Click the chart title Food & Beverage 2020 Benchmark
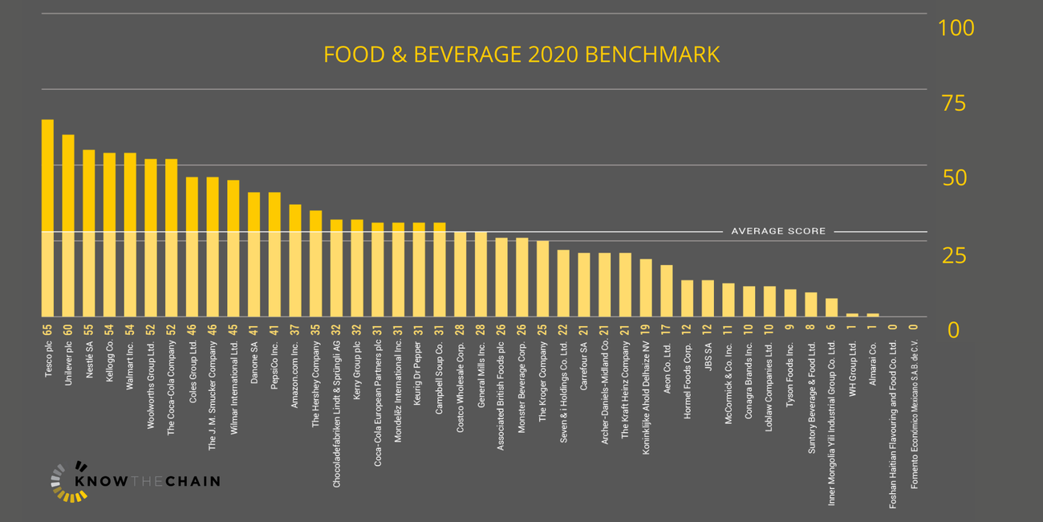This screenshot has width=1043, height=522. tap(521, 55)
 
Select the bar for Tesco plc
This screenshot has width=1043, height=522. tap(47, 217)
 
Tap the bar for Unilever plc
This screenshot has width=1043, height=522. tap(68, 225)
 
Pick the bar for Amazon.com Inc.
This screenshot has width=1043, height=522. tap(295, 260)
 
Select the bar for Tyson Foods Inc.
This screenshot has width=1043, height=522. tap(790, 303)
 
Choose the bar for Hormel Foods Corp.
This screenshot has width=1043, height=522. tap(687, 298)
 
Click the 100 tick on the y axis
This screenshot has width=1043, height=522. tap(956, 28)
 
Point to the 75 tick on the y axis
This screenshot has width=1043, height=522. tap(956, 104)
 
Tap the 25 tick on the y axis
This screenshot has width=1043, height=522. tap(956, 256)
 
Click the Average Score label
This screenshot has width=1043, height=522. tap(777, 231)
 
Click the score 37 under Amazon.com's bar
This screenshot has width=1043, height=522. tap(295, 329)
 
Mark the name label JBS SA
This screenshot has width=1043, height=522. tap(708, 353)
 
